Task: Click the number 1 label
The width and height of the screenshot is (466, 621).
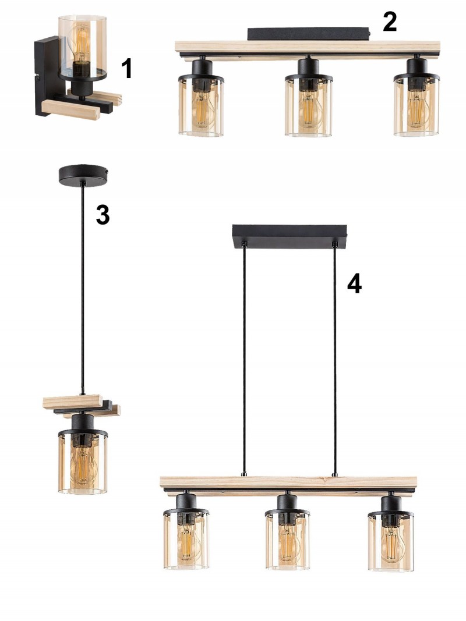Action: tap(126, 68)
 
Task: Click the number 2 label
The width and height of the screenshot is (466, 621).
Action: tap(390, 22)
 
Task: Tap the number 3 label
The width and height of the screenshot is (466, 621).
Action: tap(103, 215)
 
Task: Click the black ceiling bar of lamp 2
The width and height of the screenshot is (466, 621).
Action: tap(309, 34)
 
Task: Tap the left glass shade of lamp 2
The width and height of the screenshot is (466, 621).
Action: tap(201, 106)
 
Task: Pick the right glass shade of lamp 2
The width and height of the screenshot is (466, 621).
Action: tap(416, 106)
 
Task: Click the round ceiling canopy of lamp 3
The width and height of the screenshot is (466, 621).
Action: tap(84, 175)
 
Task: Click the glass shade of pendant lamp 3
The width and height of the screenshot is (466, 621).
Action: tap(83, 463)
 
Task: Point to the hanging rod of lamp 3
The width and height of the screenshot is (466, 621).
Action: tap(82, 289)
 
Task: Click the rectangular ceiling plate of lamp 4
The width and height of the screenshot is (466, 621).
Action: tap(290, 236)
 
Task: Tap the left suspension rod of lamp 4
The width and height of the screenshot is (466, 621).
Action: tap(244, 359)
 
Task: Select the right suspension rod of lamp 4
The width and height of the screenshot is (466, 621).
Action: tap(335, 359)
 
